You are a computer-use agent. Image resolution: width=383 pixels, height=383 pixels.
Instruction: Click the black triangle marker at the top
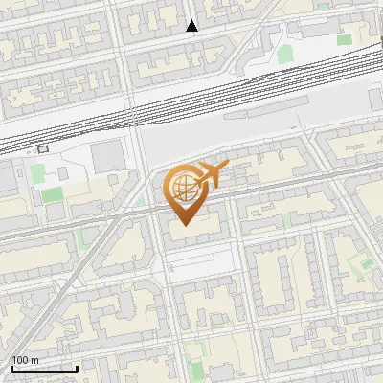(x=192, y=26)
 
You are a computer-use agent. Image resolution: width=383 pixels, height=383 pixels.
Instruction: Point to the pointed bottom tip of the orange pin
(x=183, y=225)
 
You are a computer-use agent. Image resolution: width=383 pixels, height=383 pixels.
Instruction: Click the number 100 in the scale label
(x=20, y=359)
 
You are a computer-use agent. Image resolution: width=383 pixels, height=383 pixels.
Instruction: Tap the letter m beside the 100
(x=34, y=359)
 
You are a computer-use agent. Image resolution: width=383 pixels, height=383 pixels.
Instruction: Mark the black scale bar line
(x=44, y=369)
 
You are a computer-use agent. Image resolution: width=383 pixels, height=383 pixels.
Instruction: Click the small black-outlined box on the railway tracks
(x=41, y=149)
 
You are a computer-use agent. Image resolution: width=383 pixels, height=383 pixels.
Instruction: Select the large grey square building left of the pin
(x=108, y=154)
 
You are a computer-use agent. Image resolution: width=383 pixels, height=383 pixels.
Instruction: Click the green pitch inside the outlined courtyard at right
(x=360, y=260)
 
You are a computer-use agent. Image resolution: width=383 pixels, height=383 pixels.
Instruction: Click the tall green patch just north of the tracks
(x=285, y=52)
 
